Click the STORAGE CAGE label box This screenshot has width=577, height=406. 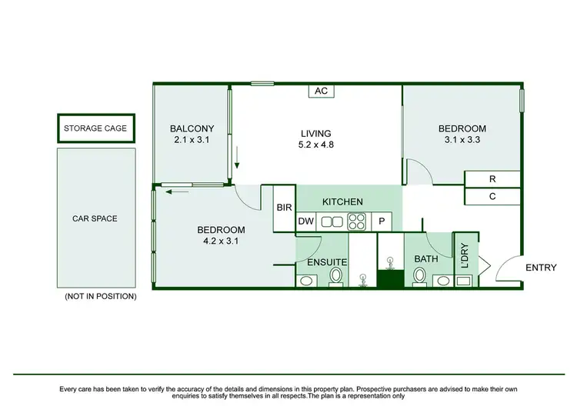(x=95, y=128)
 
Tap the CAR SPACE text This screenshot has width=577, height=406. (x=95, y=218)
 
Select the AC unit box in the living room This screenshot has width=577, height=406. (x=322, y=91)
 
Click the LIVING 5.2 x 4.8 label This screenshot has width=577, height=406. (x=316, y=138)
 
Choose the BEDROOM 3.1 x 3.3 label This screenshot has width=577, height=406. (x=462, y=134)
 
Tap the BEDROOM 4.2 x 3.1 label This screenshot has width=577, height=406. (x=221, y=235)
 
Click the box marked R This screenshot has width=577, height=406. (x=492, y=179)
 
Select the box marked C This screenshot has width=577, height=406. (x=492, y=196)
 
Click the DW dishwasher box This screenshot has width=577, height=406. (x=305, y=222)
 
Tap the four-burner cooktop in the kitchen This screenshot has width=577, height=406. (x=357, y=222)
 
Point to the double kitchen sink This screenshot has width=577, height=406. (x=332, y=222)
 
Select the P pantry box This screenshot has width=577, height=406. (x=382, y=222)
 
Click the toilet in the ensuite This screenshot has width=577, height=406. (x=336, y=276)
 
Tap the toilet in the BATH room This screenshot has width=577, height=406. (x=420, y=277)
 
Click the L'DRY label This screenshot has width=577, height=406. (x=465, y=254)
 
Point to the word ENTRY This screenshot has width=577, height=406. (x=540, y=268)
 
